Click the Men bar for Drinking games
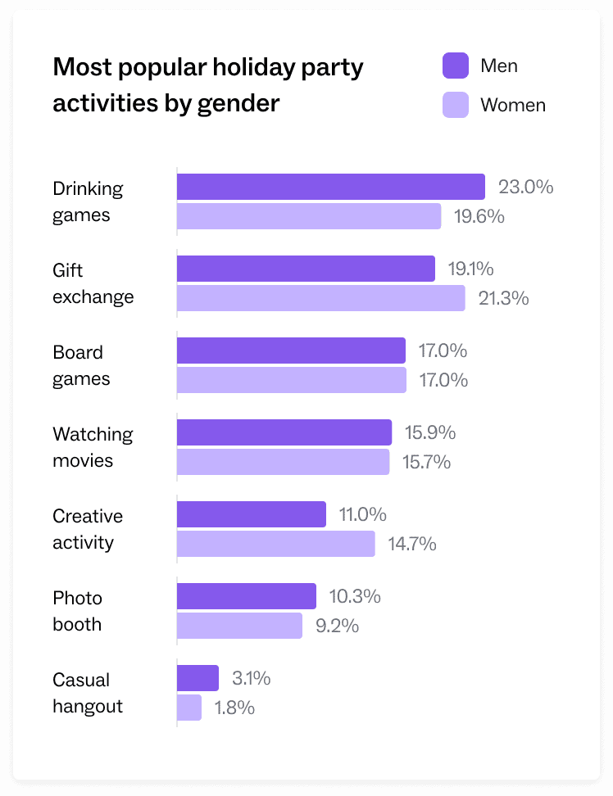point(330,187)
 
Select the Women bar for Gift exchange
point(320,298)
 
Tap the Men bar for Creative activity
point(251,514)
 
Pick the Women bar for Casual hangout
point(189,708)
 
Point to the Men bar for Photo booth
point(246,596)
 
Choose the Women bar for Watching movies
point(283,462)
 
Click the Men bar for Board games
point(291,351)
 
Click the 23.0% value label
point(526,187)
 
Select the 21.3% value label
point(503,298)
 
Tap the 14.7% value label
point(412,544)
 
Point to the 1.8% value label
point(234,708)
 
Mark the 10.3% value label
point(355,596)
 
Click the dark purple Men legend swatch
point(455,66)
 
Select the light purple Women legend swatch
point(455,105)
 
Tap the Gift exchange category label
point(93,283)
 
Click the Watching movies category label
point(93,447)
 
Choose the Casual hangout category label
point(88,693)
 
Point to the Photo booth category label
point(78,611)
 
